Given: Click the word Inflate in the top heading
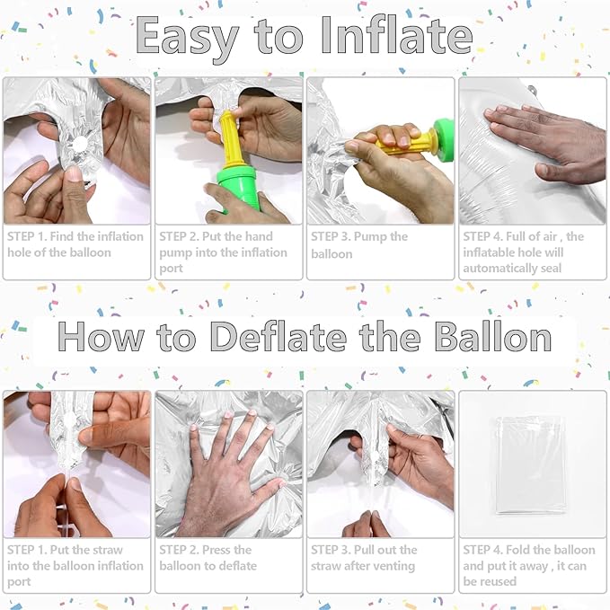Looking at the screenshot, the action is pos(397,36).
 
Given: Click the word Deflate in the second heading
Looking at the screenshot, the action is pos(278,336).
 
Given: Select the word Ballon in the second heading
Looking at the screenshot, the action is pos(493,336).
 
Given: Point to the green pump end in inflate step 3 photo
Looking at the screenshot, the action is pos(444,140).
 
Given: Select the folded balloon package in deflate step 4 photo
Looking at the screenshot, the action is pos(531,464).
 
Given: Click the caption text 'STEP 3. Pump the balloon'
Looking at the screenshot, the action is pos(359,245).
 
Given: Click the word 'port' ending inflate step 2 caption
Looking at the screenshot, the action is pos(171,269).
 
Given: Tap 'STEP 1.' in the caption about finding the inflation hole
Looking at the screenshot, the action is pos(27,236).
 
